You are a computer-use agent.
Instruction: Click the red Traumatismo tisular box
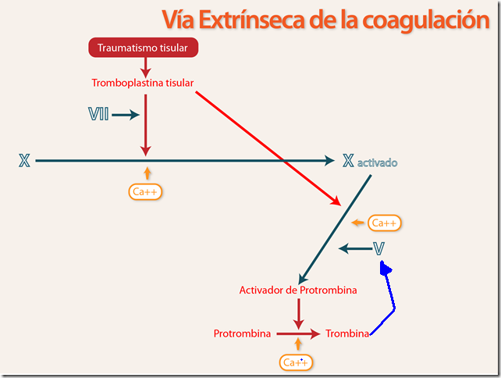[143, 48]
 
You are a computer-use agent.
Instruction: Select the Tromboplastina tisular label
[143, 83]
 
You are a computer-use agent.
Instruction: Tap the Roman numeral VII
[98, 114]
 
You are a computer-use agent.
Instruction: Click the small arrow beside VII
[126, 115]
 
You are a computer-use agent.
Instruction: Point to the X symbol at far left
[24, 161]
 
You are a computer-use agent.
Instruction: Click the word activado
[378, 162]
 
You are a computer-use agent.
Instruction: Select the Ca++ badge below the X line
[145, 192]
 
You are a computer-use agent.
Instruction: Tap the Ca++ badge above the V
[384, 223]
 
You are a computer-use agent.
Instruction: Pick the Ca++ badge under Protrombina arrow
[296, 362]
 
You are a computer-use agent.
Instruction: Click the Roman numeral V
[378, 248]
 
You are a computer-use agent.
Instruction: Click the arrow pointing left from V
[355, 248]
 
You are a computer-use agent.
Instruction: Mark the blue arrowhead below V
[385, 269]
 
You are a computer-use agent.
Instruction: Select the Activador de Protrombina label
[298, 290]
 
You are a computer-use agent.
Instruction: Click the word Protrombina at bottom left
[242, 333]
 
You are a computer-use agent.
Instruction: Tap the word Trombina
[347, 333]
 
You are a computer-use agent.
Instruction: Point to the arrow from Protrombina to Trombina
[298, 333]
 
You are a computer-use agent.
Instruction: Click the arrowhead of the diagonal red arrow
[336, 201]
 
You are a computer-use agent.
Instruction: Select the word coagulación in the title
[426, 20]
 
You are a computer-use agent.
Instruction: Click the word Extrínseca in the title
[251, 20]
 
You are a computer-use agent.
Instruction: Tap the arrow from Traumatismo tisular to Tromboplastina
[146, 68]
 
